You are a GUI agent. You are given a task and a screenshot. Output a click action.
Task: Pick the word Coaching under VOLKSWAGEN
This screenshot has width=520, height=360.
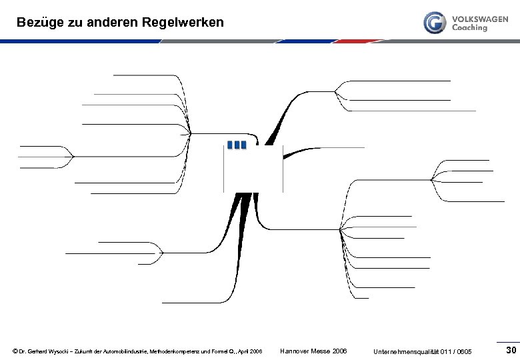point(469,28)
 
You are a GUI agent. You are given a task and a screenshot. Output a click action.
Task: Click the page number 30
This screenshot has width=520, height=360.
point(511,351)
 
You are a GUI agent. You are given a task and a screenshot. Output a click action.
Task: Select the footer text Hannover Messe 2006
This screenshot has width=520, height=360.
point(313,351)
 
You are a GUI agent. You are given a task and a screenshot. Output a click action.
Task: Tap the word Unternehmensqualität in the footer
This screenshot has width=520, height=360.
point(406,351)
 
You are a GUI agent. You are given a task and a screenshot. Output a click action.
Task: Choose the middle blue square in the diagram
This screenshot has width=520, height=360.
point(237,145)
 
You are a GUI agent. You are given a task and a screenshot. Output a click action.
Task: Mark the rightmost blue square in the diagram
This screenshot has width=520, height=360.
point(243,145)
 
